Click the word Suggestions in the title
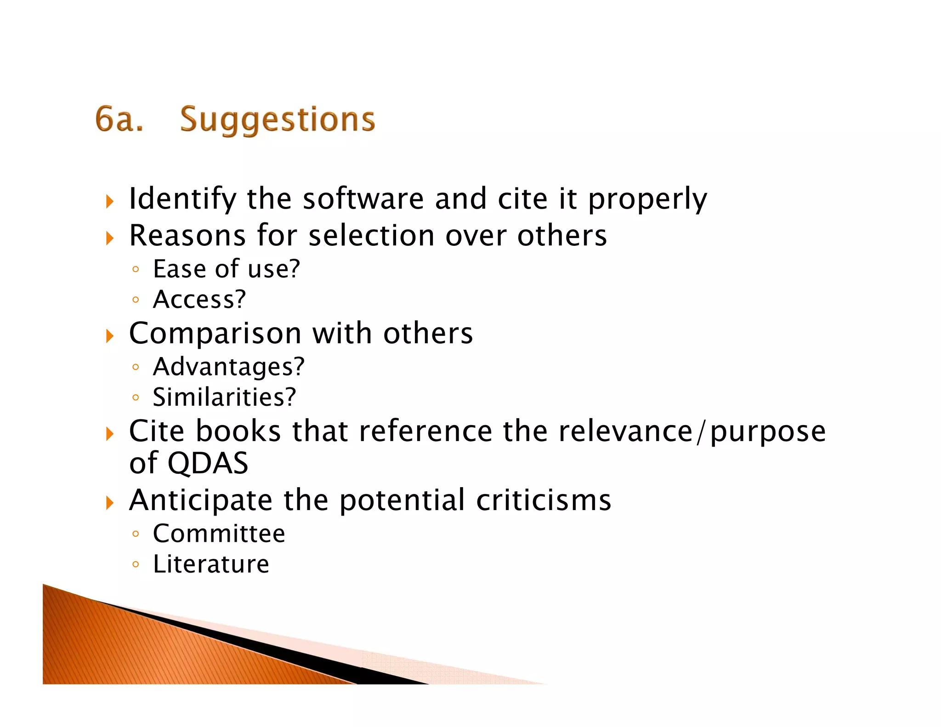[278, 119]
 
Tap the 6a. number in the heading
[119, 119]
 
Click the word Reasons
[187, 236]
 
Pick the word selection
[371, 236]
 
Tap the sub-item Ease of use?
[226, 269]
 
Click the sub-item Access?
[199, 300]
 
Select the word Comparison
[215, 333]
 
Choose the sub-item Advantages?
[228, 367]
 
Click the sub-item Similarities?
[224, 397]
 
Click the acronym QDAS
[208, 463]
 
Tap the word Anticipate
[200, 500]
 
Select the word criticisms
[544, 500]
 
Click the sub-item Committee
[219, 534]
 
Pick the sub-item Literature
[211, 564]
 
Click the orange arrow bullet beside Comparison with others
[109, 336]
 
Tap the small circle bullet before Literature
[135, 564]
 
